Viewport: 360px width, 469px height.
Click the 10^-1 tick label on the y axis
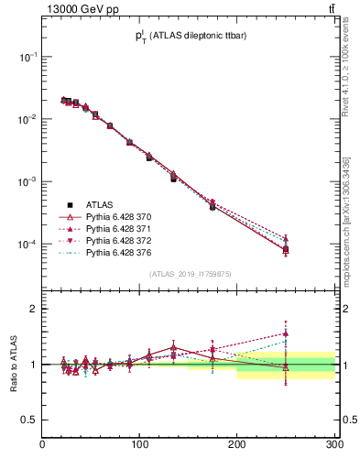[27, 57]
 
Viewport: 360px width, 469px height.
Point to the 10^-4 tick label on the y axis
[27, 245]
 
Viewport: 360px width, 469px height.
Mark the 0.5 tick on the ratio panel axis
[30, 420]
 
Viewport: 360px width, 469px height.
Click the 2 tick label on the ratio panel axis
[34, 309]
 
